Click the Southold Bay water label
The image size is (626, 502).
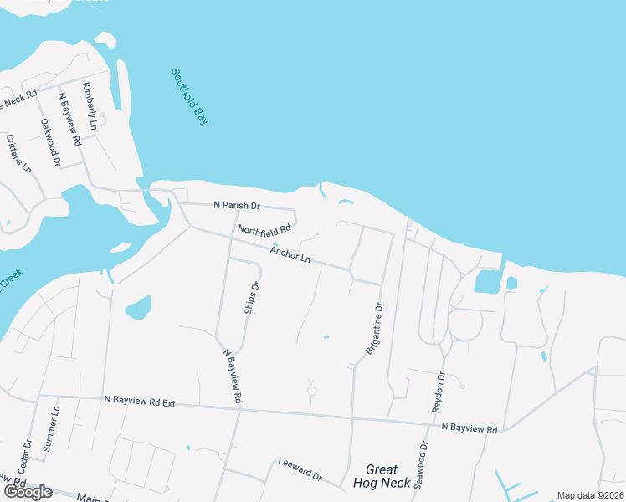pos(189,97)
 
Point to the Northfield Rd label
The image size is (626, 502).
pos(264,228)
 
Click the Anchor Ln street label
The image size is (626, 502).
pos(290,254)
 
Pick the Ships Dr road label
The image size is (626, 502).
pos(252,298)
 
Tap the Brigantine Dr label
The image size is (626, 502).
pos(374,329)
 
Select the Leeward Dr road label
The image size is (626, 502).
pos(300,469)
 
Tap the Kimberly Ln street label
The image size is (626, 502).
pos(90,106)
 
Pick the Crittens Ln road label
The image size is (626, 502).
pos(19,154)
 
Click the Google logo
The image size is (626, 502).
pos(28,492)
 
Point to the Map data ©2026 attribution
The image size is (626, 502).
pos(591,495)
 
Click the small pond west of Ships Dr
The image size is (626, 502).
pos(138,308)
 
